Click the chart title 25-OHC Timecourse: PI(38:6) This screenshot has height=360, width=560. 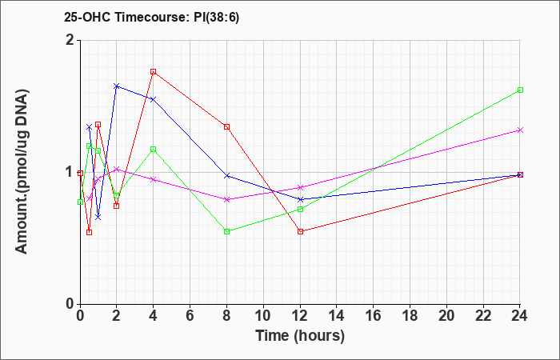pyautogui.click(x=152, y=17)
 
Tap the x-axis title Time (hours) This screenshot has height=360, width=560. pyautogui.click(x=300, y=336)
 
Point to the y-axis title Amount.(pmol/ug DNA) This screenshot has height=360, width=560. pyautogui.click(x=22, y=171)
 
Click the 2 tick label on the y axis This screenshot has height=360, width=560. pyautogui.click(x=70, y=40)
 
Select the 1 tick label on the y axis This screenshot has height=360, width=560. pyautogui.click(x=70, y=172)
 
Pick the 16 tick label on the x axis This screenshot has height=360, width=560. pyautogui.click(x=374, y=316)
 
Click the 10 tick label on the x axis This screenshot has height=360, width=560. pyautogui.click(x=263, y=316)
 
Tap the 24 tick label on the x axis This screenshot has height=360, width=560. pyautogui.click(x=520, y=316)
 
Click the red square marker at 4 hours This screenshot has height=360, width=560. pyautogui.click(x=154, y=71)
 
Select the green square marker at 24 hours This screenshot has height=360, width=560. pyautogui.click(x=520, y=90)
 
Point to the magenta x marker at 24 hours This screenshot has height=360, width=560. pyautogui.click(x=520, y=130)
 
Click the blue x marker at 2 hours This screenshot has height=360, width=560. pyautogui.click(x=117, y=86)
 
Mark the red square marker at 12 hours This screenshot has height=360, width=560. pyautogui.click(x=300, y=231)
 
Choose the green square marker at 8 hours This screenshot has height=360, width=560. pyautogui.click(x=226, y=231)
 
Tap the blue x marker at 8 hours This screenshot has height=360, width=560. pyautogui.click(x=226, y=176)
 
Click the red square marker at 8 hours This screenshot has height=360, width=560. pyautogui.click(x=226, y=126)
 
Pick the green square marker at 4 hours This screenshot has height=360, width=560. pyautogui.click(x=154, y=149)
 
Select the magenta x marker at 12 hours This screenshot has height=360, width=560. pyautogui.click(x=300, y=187)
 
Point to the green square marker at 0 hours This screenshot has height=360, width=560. pyautogui.click(x=80, y=202)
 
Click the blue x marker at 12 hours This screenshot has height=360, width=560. pyautogui.click(x=300, y=199)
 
